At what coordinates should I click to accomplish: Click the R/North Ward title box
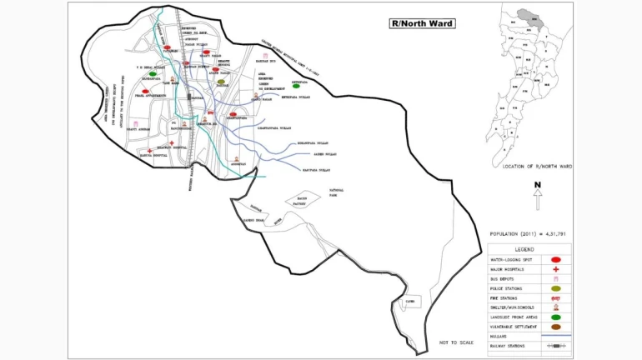422,23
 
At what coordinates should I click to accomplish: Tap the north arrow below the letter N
538,200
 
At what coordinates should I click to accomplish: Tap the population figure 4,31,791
550,235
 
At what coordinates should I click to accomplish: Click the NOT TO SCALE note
456,342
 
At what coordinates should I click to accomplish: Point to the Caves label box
409,300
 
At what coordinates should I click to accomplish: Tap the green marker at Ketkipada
296,86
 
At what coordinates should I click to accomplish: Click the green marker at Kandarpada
153,74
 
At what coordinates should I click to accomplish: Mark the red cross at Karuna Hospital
149,151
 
